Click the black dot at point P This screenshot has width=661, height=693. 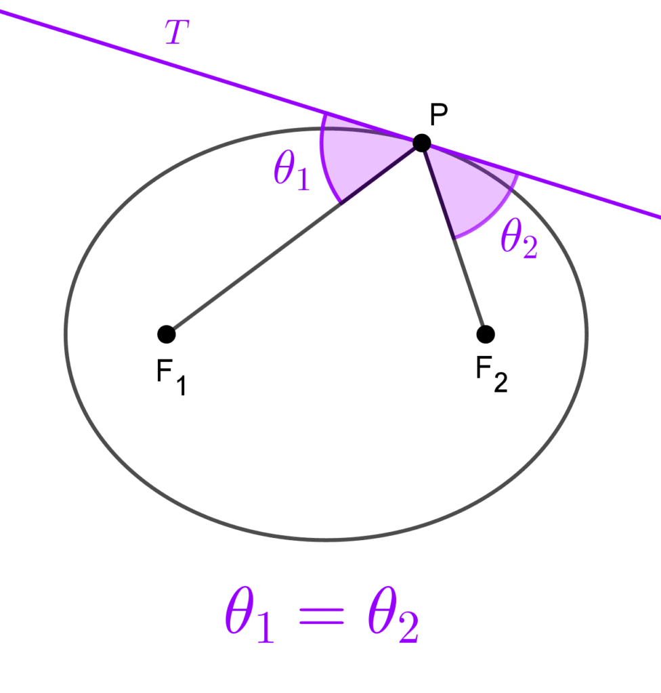(x=422, y=143)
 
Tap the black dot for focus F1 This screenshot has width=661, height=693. (x=167, y=334)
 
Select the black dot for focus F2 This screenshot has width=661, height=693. (x=486, y=334)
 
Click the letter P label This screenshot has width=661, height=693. (x=438, y=115)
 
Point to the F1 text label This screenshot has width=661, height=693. (x=171, y=376)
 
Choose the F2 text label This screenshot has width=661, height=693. (x=492, y=374)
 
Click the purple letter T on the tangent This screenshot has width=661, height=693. (x=177, y=32)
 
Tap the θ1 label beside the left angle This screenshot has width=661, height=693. (x=291, y=170)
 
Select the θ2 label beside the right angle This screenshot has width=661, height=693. (x=519, y=238)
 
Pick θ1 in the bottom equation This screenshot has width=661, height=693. (x=249, y=614)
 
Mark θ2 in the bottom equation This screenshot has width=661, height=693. (x=392, y=614)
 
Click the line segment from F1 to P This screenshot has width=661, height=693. (x=294, y=239)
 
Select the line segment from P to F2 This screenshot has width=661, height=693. (x=454, y=239)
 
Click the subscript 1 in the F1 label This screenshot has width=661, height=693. (x=181, y=385)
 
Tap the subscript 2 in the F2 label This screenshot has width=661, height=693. (x=500, y=383)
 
